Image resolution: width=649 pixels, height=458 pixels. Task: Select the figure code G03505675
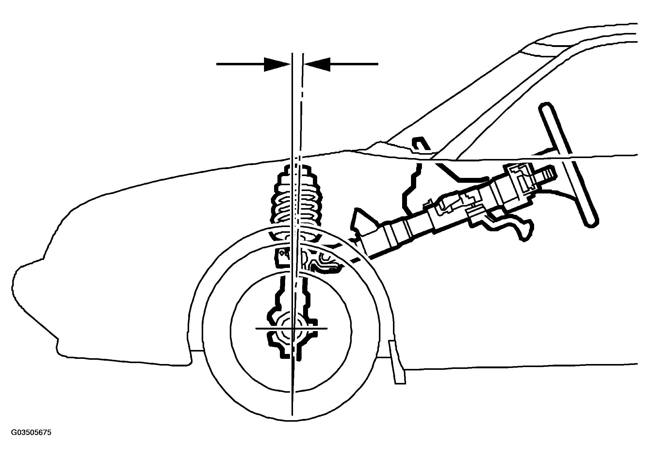point(31,433)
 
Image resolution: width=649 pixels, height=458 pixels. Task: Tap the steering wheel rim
point(569,165)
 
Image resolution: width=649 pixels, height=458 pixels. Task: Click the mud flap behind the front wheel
point(397,361)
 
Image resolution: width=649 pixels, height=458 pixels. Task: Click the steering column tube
point(458,207)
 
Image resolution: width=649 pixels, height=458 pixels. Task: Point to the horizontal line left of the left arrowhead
point(240,64)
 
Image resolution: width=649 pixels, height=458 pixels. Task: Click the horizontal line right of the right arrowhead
point(354,64)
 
